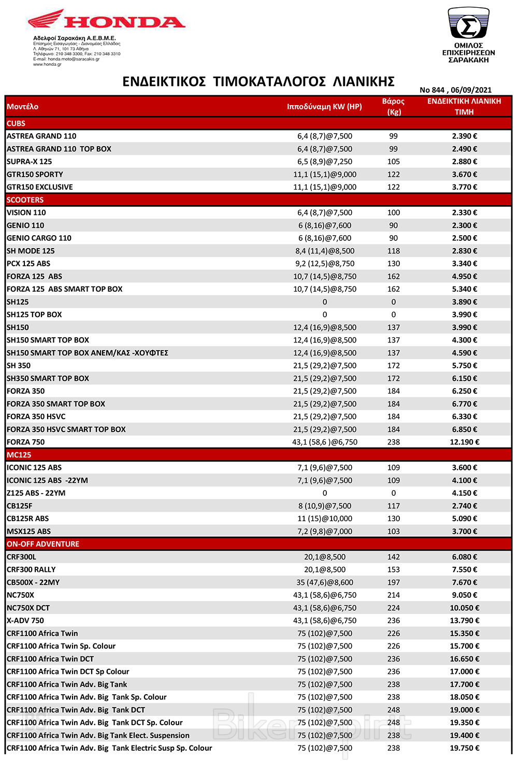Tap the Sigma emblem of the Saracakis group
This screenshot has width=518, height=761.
[x=468, y=23]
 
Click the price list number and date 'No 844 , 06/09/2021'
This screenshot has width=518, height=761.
[x=455, y=90]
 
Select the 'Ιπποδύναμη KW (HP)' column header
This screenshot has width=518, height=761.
[x=324, y=107]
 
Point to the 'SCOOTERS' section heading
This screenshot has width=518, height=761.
[x=25, y=200]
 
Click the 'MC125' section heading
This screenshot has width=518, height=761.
[x=19, y=455]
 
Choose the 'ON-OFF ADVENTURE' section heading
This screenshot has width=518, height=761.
[x=43, y=544]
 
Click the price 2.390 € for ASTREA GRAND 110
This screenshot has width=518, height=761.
[x=465, y=136]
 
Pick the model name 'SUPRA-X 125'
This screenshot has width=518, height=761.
[x=29, y=162]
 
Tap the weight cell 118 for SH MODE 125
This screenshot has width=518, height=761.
[x=394, y=251]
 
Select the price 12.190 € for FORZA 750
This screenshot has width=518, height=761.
[x=465, y=442]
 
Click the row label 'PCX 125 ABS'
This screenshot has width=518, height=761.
[x=28, y=264]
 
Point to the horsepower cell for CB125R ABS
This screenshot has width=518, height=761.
[x=325, y=519]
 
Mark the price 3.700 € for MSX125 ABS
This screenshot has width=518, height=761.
[x=465, y=532]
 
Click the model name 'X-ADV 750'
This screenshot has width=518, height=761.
[x=25, y=621]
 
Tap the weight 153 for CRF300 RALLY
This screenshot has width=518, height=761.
[x=394, y=569]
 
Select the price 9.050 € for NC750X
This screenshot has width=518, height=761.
[x=465, y=595]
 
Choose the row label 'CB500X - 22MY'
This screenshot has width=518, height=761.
[x=33, y=582]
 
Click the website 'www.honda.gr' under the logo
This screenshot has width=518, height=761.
[x=47, y=65]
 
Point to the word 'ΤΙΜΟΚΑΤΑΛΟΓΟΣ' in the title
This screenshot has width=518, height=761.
[x=269, y=81]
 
